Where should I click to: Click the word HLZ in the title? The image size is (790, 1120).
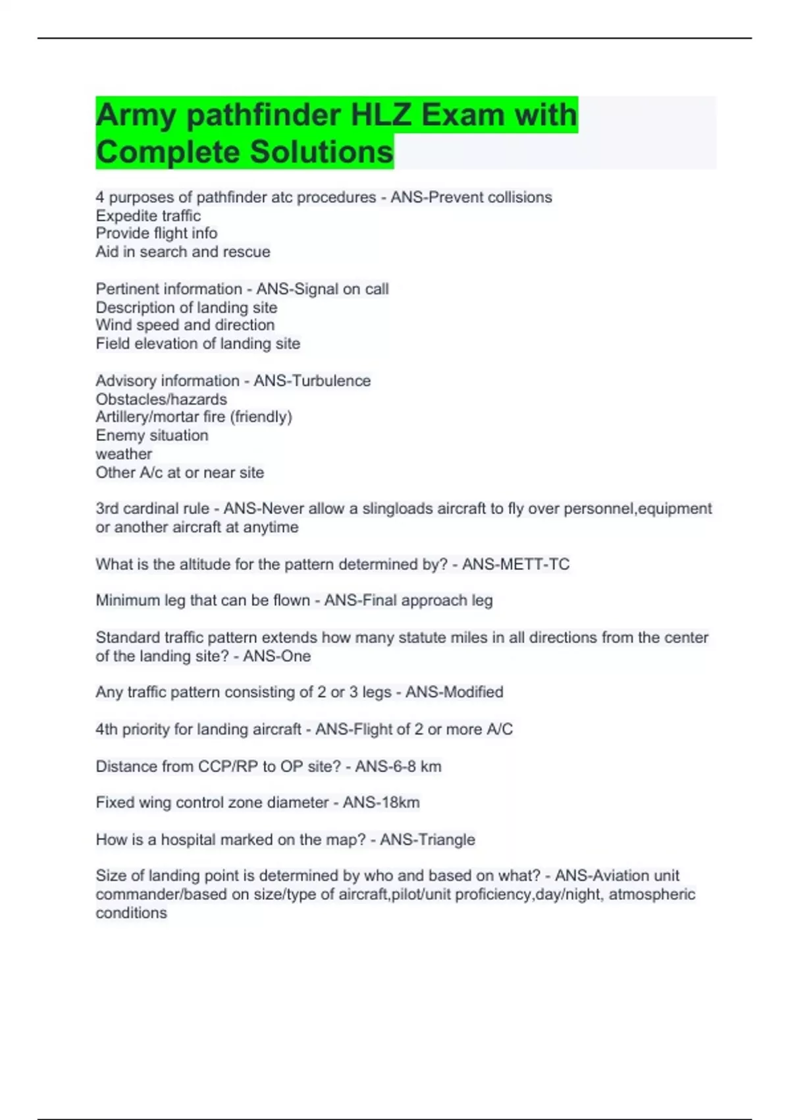coord(381,115)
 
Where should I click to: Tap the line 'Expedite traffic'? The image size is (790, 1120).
coord(148,215)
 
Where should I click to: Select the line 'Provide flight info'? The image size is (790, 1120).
coord(156,233)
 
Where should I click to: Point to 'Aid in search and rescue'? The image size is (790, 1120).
coord(182,252)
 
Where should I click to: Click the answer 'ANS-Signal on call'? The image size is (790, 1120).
coord(323,289)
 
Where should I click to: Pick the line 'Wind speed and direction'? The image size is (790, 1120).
coord(185,325)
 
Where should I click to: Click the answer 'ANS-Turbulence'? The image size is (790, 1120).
coord(312,381)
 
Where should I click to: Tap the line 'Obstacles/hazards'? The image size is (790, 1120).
coord(161,399)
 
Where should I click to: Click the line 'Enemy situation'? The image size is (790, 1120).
coord(151,435)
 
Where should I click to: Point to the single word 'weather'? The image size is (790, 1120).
coord(124,454)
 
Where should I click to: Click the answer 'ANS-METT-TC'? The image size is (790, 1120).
coord(515,564)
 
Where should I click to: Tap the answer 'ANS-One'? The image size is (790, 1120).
coord(276,656)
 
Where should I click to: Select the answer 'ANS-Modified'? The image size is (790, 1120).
coord(454,692)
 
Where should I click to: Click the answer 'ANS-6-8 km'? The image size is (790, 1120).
coord(398,766)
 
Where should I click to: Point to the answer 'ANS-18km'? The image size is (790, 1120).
coord(381,802)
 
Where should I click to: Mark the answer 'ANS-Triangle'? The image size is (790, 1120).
coord(427,839)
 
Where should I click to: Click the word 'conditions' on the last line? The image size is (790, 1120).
coord(131,913)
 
